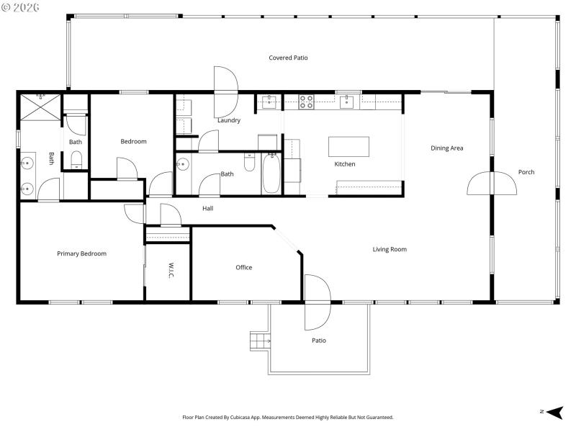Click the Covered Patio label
288,58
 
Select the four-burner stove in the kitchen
306,102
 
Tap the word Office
244,268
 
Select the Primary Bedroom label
81,253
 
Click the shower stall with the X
40,107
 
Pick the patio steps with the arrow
259,340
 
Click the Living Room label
390,250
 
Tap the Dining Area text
446,148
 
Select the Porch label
526,172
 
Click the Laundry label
229,120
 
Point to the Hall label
207,209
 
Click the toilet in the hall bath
249,163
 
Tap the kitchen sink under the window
346,102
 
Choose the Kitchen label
345,164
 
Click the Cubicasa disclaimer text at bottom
288,417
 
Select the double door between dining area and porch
492,184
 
